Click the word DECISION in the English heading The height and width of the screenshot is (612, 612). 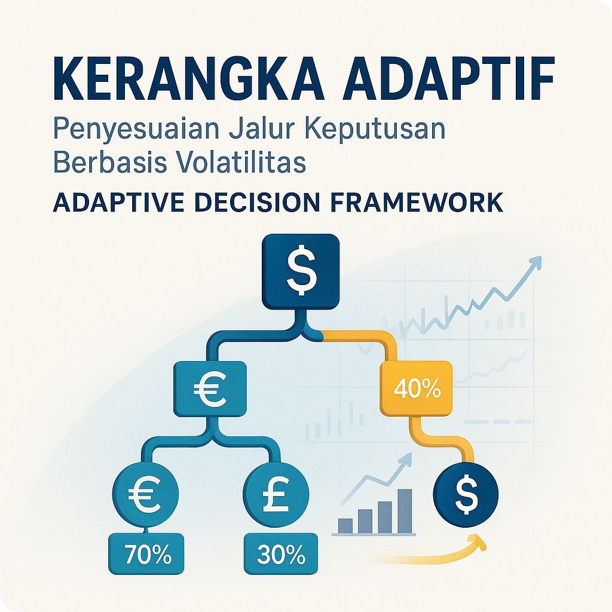point(263,203)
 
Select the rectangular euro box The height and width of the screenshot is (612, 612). point(210,390)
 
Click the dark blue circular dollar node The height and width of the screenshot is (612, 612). point(466,494)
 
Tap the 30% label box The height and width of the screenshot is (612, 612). point(281,555)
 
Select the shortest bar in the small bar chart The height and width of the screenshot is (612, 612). point(345,525)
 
